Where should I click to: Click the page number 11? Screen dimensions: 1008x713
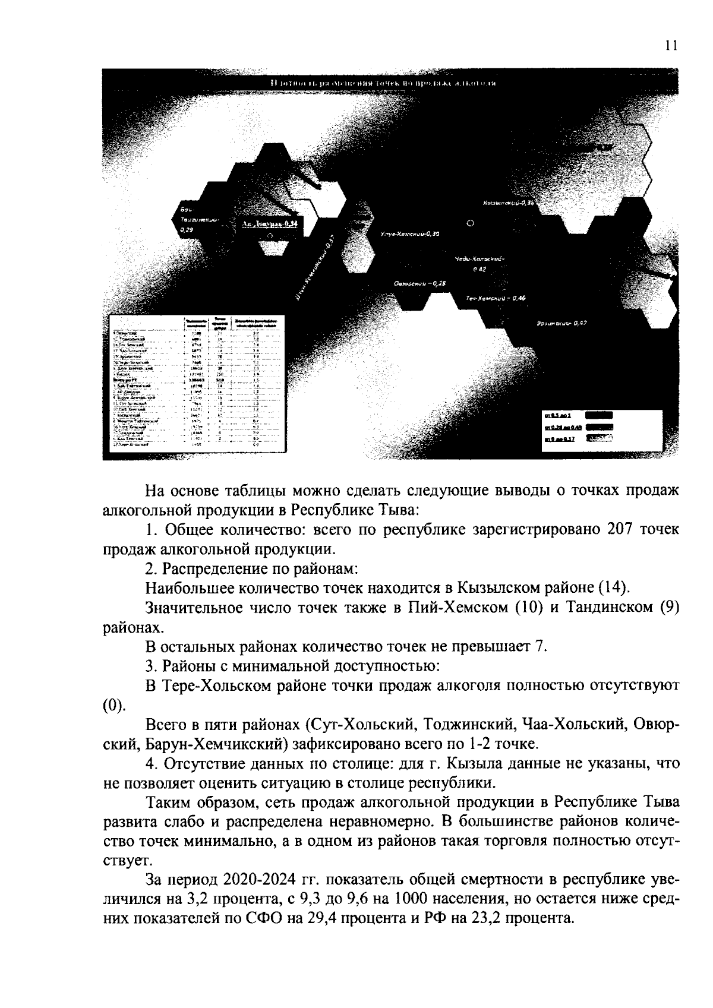tap(671, 47)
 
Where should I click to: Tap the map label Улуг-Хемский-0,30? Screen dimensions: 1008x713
tap(410, 235)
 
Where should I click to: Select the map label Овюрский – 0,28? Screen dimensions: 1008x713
tap(419, 283)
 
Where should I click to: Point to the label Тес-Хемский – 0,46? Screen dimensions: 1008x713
tap(496, 298)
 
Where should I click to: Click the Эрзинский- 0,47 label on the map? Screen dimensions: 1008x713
tap(561, 323)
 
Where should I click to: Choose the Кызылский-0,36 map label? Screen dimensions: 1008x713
tap(509, 203)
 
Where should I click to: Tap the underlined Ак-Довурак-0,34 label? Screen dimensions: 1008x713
tap(270, 223)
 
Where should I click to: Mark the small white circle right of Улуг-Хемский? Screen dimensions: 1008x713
tap(471, 223)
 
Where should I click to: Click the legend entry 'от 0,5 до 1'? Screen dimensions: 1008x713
tap(557, 415)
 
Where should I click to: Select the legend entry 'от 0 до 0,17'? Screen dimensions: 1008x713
tap(557, 439)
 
